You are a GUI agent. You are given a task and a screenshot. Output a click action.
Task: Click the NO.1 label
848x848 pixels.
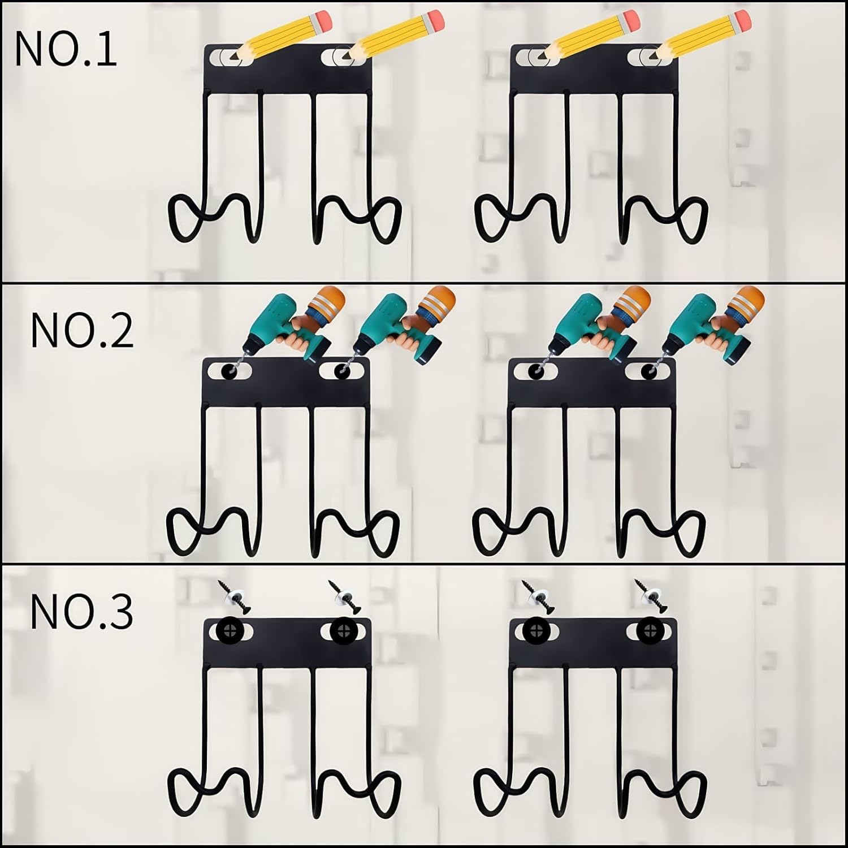[x=66, y=49]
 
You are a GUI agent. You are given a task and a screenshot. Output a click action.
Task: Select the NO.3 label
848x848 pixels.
[x=82, y=611]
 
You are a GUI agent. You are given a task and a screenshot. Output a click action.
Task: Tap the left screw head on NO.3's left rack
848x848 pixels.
[x=231, y=631]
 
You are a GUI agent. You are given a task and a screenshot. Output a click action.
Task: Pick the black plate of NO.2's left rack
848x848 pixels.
[x=286, y=382]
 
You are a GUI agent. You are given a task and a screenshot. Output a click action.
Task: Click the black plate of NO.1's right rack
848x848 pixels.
[x=594, y=68]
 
